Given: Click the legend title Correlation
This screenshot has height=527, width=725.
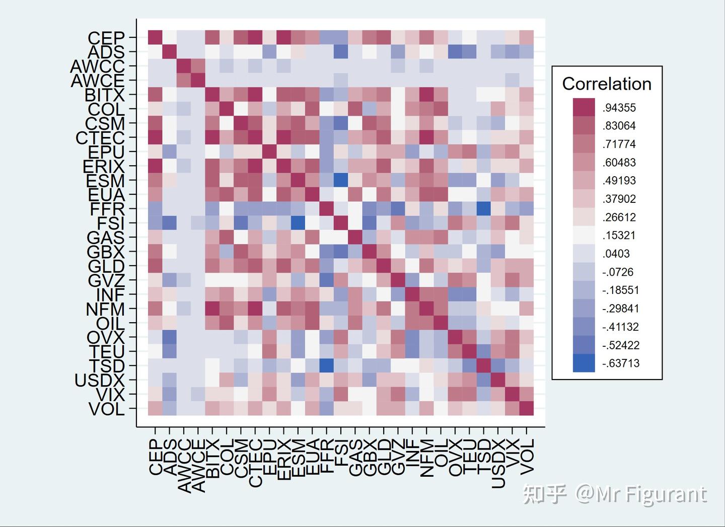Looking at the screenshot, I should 607,84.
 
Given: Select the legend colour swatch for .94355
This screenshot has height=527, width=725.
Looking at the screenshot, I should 584,107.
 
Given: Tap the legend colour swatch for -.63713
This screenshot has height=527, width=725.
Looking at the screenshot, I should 584,363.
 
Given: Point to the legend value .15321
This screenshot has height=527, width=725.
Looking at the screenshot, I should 619,235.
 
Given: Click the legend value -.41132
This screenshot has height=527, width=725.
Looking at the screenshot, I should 621,327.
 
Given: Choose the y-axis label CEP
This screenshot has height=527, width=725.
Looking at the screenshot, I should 106,38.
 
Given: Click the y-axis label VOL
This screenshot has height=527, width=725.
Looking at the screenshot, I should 106,409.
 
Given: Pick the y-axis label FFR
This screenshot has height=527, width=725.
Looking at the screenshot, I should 107,209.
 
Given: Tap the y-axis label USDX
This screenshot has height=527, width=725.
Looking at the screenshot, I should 99,380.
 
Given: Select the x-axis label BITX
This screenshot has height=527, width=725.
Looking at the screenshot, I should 212,458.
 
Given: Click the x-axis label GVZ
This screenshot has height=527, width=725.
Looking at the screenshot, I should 398,457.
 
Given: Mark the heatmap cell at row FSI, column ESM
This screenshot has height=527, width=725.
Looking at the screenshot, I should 298,222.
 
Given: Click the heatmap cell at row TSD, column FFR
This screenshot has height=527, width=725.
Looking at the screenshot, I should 327,365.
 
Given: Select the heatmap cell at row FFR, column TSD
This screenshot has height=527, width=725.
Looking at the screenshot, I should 484,208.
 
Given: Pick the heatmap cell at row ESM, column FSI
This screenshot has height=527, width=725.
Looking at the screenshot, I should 341,180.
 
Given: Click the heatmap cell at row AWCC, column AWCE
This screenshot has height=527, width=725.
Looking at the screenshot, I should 198,65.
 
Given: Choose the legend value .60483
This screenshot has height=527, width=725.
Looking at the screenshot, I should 619,162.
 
